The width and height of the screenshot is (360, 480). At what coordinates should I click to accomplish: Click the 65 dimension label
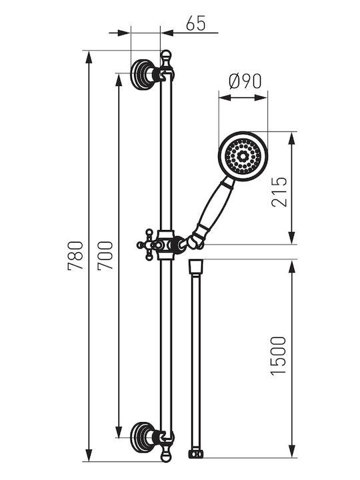point(195,23)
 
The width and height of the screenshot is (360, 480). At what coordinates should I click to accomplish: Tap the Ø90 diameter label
point(245,81)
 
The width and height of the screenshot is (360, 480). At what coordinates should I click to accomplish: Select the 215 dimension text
point(279,192)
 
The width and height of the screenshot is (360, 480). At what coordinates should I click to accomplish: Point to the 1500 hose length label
point(278,355)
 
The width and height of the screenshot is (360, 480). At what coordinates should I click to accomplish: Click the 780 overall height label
point(75,255)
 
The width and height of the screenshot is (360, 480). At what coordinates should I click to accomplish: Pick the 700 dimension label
point(105,255)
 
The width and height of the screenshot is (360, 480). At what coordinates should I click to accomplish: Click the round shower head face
point(243,156)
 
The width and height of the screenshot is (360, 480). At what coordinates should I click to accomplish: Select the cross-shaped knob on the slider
point(148,245)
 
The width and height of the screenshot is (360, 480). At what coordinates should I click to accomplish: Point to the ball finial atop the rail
point(165,56)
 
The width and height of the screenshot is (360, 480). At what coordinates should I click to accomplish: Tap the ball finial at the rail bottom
point(165,455)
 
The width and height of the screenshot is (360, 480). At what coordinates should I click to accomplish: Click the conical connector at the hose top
point(196,267)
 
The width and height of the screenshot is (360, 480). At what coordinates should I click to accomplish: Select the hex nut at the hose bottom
point(196,454)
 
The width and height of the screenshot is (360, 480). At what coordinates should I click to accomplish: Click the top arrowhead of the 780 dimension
point(89,57)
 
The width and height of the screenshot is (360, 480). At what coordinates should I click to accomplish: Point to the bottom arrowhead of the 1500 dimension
point(292,451)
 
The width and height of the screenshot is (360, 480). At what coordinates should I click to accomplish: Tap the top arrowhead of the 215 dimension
point(292,139)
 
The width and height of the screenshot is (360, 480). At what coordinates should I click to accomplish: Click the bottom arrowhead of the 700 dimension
point(119,431)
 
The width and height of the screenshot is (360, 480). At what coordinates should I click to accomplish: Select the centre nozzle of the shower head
point(243,157)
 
